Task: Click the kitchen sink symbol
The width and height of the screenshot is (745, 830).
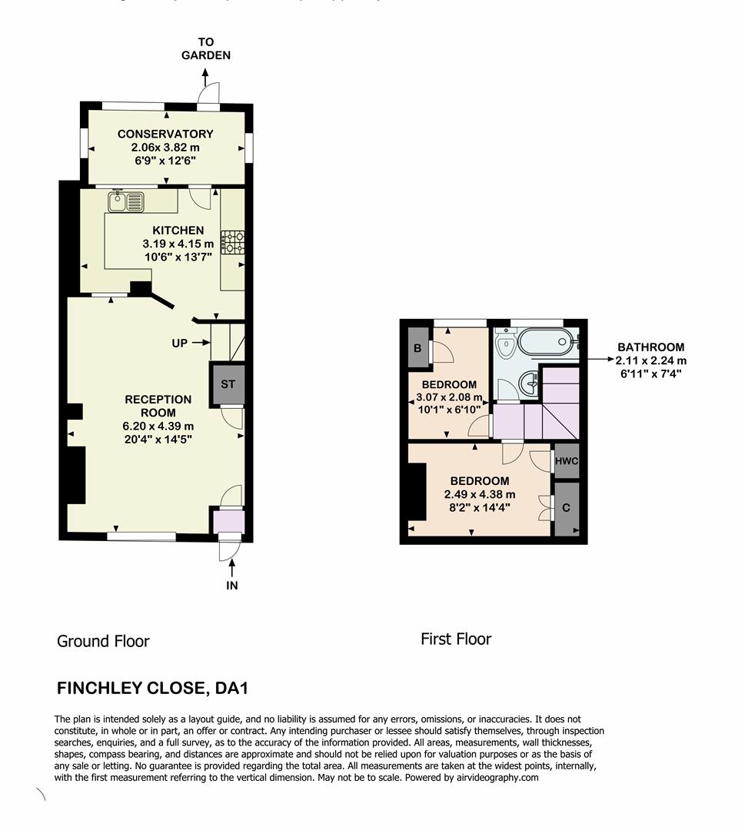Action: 126,201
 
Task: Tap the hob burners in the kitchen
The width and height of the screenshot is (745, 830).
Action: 233,243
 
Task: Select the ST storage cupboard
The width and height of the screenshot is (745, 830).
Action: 228,383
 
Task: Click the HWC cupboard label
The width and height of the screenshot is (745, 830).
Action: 567,461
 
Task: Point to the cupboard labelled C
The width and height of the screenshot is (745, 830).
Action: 567,508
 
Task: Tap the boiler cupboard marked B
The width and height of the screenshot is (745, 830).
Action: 417,348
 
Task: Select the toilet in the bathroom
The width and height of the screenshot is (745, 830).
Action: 505,345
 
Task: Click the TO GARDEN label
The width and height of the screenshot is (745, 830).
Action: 205,48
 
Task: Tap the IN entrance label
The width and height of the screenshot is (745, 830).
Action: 231,585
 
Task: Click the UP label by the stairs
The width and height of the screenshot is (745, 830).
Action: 180,343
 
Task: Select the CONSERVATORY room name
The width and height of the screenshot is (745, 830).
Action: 165,134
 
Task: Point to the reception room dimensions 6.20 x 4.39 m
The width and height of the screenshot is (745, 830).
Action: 158,426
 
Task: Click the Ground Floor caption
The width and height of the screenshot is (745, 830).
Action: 103,641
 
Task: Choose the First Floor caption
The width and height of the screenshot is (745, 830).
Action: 455,639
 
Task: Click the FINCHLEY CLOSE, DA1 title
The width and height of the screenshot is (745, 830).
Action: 153,687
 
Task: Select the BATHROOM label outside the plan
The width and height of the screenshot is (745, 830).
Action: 650,347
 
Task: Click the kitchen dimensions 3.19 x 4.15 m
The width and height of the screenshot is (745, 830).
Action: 178,244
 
